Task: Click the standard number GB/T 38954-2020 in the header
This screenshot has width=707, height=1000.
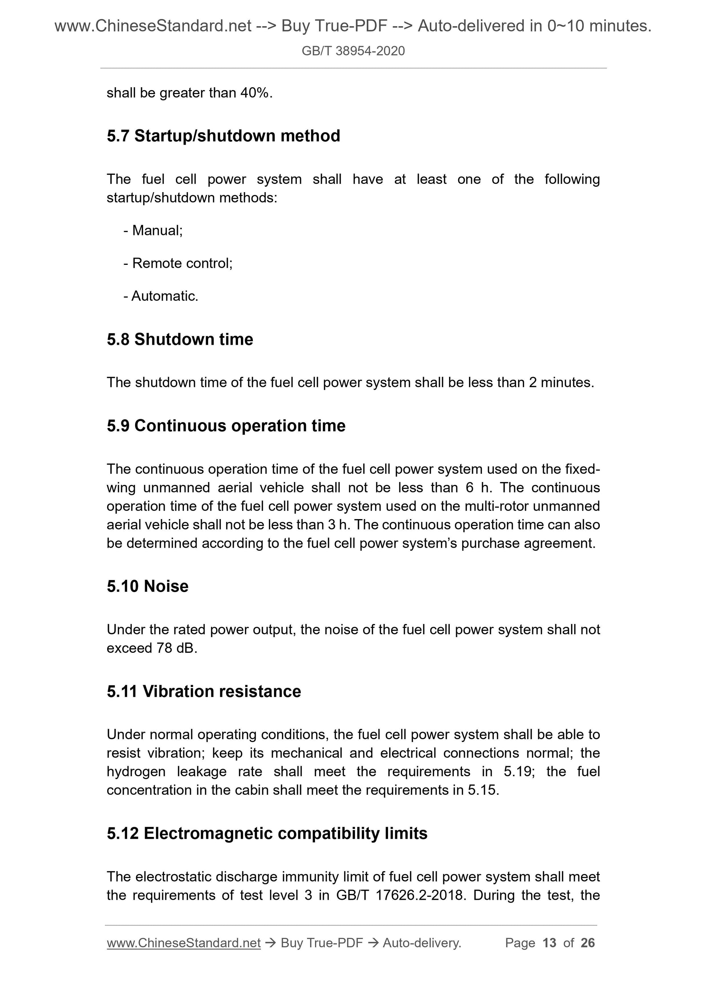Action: click(353, 51)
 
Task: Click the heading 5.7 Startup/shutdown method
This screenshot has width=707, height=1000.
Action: click(223, 136)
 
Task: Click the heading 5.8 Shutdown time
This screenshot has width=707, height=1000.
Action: click(179, 339)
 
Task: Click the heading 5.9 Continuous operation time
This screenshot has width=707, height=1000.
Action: click(226, 425)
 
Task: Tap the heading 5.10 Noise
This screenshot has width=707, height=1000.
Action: click(147, 586)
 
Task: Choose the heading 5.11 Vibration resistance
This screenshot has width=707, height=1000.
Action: click(203, 691)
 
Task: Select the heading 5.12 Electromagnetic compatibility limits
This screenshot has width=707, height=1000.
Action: click(267, 833)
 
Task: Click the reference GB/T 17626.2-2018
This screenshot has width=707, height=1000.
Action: click(398, 895)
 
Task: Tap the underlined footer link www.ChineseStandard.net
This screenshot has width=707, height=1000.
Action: click(183, 943)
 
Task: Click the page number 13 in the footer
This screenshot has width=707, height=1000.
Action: click(549, 943)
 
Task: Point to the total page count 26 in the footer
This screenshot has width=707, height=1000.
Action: click(587, 943)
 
